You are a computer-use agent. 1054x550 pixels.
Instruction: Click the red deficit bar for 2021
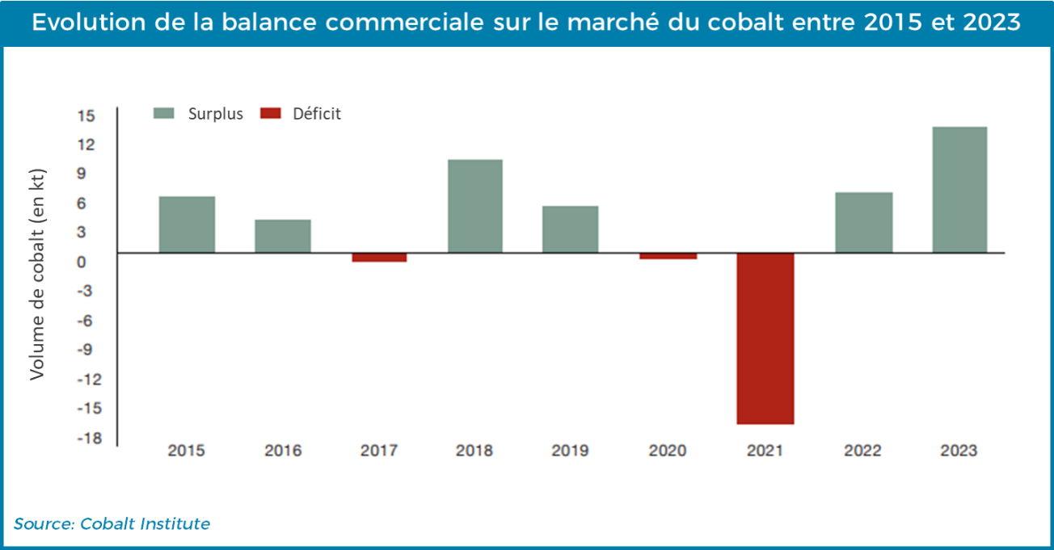[765, 338]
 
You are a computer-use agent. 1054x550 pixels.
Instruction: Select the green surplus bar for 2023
[959, 190]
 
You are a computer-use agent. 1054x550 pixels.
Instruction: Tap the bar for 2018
[475, 206]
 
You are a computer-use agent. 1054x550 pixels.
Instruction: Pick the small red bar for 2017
[379, 258]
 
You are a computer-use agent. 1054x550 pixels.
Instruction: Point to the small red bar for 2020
[668, 256]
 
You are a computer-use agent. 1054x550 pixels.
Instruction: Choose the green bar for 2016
[283, 236]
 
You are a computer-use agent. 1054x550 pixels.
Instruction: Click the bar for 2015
[187, 225]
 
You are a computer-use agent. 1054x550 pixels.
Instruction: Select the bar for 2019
[571, 229]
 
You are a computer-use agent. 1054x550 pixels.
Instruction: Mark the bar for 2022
[863, 222]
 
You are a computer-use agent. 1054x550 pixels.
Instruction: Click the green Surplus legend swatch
[164, 114]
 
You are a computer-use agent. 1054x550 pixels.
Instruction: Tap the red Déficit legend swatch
[269, 114]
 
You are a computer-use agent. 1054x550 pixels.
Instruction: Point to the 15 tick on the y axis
[86, 115]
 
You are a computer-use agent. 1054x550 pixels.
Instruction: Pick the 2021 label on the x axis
[764, 451]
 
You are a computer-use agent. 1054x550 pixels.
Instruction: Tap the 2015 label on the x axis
[186, 451]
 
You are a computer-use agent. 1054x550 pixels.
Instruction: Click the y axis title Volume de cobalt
[36, 275]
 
